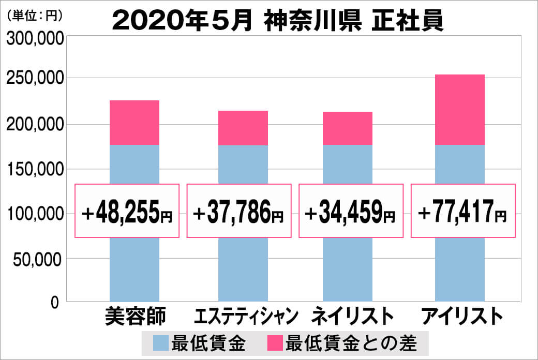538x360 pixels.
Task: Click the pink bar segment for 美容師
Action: pyautogui.click(x=134, y=123)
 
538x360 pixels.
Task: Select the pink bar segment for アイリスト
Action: pyautogui.click(x=460, y=110)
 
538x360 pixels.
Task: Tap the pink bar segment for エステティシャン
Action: pyautogui.click(x=243, y=128)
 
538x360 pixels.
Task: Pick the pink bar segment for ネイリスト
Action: pyautogui.click(x=347, y=128)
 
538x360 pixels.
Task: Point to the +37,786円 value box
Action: pyautogui.click(x=240, y=211)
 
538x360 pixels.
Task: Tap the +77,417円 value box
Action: pyautogui.click(x=463, y=211)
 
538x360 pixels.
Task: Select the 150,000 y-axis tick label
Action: pyautogui.click(x=35, y=169)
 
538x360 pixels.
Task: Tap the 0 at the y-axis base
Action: pyautogui.click(x=55, y=302)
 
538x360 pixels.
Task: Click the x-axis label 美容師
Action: pyautogui.click(x=135, y=316)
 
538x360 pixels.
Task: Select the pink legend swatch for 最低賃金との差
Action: pyautogui.click(x=275, y=342)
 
